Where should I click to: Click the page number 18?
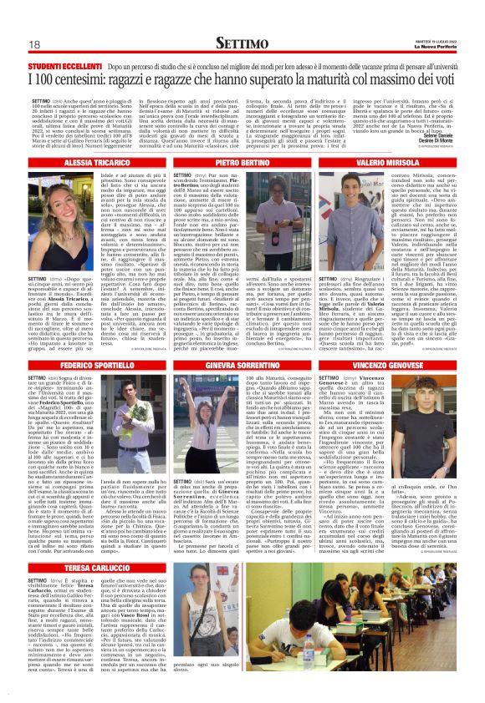click(34, 44)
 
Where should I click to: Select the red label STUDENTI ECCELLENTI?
click(66, 65)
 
